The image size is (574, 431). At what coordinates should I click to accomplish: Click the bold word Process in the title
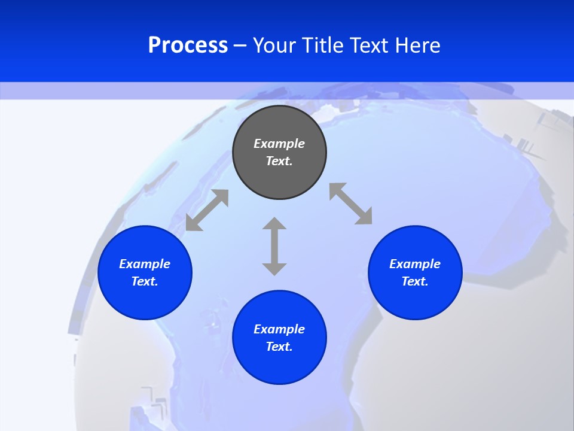pos(188,45)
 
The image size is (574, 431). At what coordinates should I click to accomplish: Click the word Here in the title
pos(418,45)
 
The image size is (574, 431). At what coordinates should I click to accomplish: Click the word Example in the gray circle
pos(279,144)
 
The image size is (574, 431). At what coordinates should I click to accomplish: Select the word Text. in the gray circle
pos(279,161)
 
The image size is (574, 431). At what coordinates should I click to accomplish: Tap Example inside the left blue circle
pos(145,264)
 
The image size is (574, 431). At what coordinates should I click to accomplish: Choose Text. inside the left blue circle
pos(145,281)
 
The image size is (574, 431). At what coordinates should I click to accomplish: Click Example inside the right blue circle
pos(415,264)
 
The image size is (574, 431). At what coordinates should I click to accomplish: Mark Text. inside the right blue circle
pos(415,281)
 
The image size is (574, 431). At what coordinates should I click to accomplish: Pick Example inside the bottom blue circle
pos(279,329)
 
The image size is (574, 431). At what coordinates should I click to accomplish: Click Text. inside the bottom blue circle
pos(279,347)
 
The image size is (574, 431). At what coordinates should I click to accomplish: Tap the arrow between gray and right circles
pos(351,204)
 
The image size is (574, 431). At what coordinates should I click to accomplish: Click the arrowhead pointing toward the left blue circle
pos(193,224)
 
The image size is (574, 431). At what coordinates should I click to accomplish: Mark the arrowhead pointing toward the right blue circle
pos(364,217)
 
